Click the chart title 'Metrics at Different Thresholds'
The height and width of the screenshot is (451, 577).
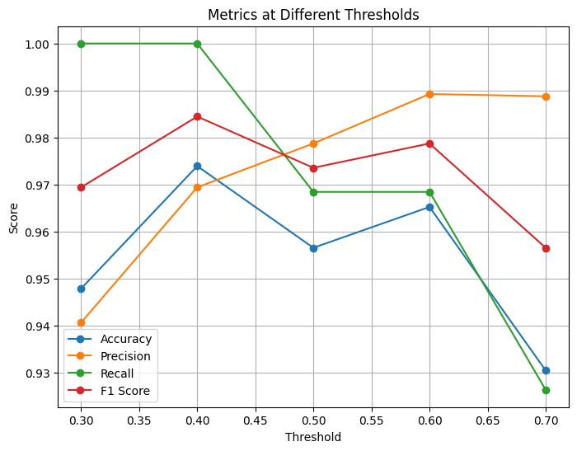313,14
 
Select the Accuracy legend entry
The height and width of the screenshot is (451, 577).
124,339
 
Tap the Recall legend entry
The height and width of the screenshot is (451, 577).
118,373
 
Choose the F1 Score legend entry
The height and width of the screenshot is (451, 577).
124,391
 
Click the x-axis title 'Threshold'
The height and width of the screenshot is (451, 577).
313,437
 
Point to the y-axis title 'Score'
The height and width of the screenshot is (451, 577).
15,217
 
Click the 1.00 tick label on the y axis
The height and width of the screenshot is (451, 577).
37,44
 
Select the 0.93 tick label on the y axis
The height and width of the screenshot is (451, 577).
37,373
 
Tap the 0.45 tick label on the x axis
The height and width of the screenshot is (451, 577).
255,420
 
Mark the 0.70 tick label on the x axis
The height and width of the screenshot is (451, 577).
546,420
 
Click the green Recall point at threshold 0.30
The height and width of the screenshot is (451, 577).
81,44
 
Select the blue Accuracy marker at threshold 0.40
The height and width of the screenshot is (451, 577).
197,166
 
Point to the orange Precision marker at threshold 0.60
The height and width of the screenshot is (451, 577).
429,94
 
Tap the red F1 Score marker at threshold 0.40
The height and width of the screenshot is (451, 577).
197,116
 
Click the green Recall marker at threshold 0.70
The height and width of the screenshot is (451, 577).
546,390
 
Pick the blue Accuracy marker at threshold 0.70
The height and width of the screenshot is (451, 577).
546,370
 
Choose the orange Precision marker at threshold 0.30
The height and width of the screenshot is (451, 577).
81,322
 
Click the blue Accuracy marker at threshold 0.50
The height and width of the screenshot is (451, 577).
313,248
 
